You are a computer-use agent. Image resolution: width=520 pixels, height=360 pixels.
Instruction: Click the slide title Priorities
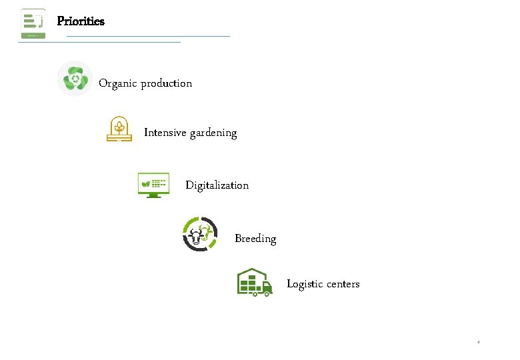(x=81, y=21)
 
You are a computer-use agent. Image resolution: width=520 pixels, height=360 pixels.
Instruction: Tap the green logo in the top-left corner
(x=33, y=23)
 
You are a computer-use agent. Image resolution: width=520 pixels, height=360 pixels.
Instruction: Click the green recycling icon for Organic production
(x=75, y=79)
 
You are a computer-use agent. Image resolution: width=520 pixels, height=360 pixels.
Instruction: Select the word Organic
(x=118, y=84)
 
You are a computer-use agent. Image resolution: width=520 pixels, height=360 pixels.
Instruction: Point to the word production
(x=166, y=84)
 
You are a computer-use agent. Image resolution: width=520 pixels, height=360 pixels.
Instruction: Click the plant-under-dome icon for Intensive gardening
(x=119, y=129)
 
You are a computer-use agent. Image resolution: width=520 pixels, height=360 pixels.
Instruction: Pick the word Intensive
(x=165, y=133)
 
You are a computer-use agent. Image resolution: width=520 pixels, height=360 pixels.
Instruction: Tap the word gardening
(x=213, y=133)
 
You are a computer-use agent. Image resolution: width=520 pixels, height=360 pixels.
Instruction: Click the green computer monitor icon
(x=153, y=184)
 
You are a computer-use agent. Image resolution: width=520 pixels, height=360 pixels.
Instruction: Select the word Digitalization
(x=217, y=185)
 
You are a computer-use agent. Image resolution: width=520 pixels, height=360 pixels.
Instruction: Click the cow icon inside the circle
(x=200, y=234)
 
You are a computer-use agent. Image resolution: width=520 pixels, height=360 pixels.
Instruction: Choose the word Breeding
(x=255, y=239)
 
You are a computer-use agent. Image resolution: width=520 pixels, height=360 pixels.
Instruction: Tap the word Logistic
(x=305, y=284)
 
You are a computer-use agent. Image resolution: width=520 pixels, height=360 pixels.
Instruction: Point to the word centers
(x=343, y=284)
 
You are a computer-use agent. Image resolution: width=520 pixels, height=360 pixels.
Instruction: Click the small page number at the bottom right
(x=478, y=342)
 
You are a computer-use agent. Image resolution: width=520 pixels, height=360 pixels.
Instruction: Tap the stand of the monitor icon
(x=153, y=195)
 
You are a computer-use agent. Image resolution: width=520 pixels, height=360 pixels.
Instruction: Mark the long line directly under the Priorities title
(x=148, y=36)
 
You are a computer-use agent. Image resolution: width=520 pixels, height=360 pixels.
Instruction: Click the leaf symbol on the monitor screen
(x=145, y=182)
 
